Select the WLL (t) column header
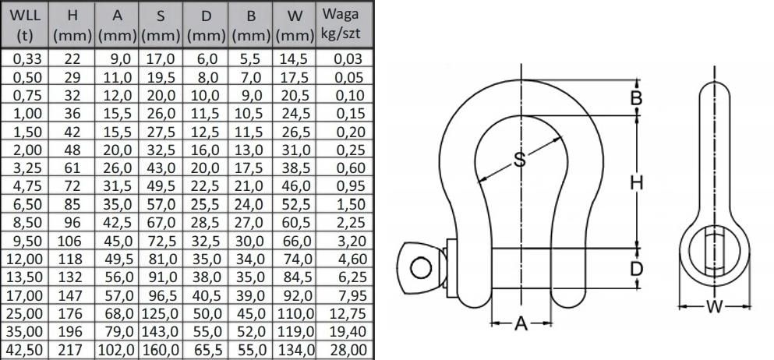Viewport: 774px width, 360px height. tap(26, 25)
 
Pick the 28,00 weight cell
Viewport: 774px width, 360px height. tap(350, 351)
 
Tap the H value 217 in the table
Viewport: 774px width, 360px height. tap(72, 351)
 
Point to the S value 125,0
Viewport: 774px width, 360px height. tap(161, 314)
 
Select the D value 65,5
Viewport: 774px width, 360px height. tap(206, 351)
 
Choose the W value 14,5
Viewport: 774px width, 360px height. tap(294, 58)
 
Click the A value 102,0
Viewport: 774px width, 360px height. tap(116, 351)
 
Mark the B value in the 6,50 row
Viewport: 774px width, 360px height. tap(252, 205)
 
